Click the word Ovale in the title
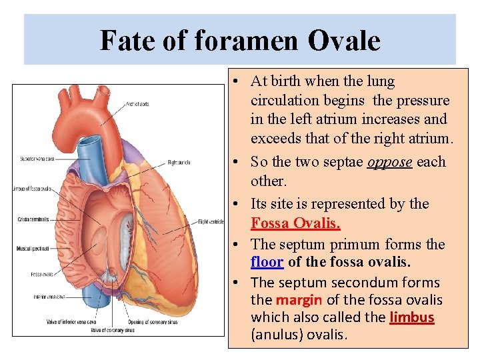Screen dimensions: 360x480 [344, 41]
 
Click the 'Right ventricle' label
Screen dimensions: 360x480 [211, 222]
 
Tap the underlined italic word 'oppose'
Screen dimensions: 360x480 [389, 162]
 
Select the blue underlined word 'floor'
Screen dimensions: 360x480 [267, 263]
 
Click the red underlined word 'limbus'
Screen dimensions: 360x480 [411, 317]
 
